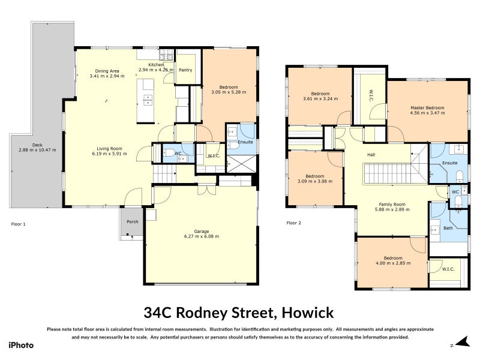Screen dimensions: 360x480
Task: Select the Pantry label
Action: (x=185, y=70)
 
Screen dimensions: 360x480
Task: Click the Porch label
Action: (x=131, y=220)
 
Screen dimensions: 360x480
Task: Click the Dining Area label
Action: (x=107, y=71)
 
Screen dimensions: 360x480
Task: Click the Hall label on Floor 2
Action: (x=372, y=155)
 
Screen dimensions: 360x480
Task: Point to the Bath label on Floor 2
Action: (x=448, y=228)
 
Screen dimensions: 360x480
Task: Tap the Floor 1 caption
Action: (x=19, y=224)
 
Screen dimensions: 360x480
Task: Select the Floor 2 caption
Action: (x=293, y=224)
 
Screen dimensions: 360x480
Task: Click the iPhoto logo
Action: (x=21, y=345)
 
